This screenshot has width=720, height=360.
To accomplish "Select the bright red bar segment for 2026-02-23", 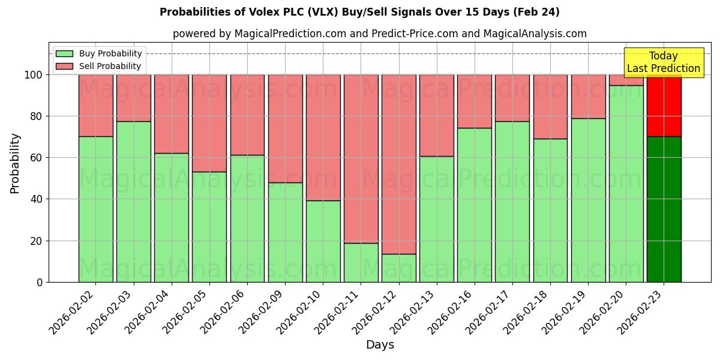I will [664, 106].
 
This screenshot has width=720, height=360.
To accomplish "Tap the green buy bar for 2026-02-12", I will [398, 268].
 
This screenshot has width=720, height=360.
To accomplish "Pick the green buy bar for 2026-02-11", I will [361, 262].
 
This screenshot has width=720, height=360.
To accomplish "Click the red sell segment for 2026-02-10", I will [323, 137].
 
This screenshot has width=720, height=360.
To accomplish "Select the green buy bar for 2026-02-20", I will [626, 184].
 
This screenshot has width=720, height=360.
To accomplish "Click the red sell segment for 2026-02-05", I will [209, 123].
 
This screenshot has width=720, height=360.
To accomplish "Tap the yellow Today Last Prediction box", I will [663, 62].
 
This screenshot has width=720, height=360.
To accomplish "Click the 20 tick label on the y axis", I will [36, 241].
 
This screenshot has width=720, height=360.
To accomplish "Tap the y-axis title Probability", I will [15, 163].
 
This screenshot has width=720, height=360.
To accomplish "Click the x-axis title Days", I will [380, 345].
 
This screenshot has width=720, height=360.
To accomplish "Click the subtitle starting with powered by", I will [380, 34].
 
